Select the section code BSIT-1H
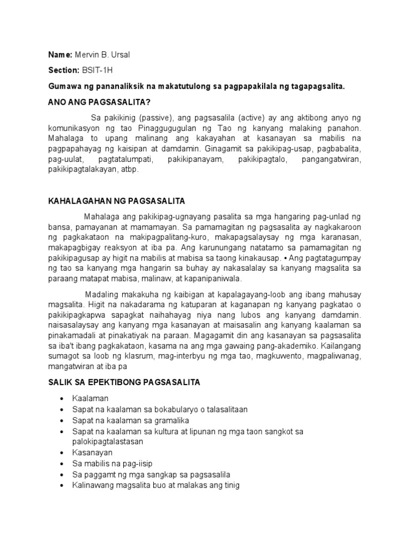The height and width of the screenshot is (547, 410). [x=97, y=71]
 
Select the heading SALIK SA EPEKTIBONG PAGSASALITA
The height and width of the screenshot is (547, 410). [x=123, y=384]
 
